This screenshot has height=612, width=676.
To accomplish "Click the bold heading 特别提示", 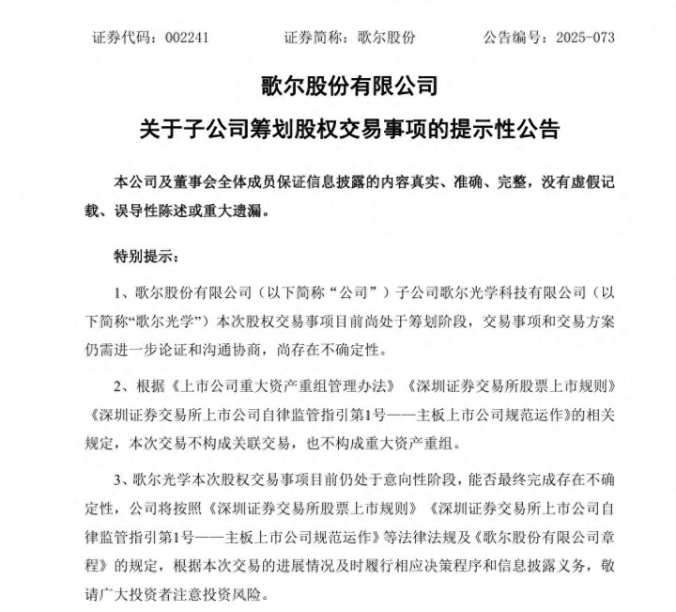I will click(x=142, y=256).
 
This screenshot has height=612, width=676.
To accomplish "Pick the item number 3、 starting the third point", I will click(x=119, y=479).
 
